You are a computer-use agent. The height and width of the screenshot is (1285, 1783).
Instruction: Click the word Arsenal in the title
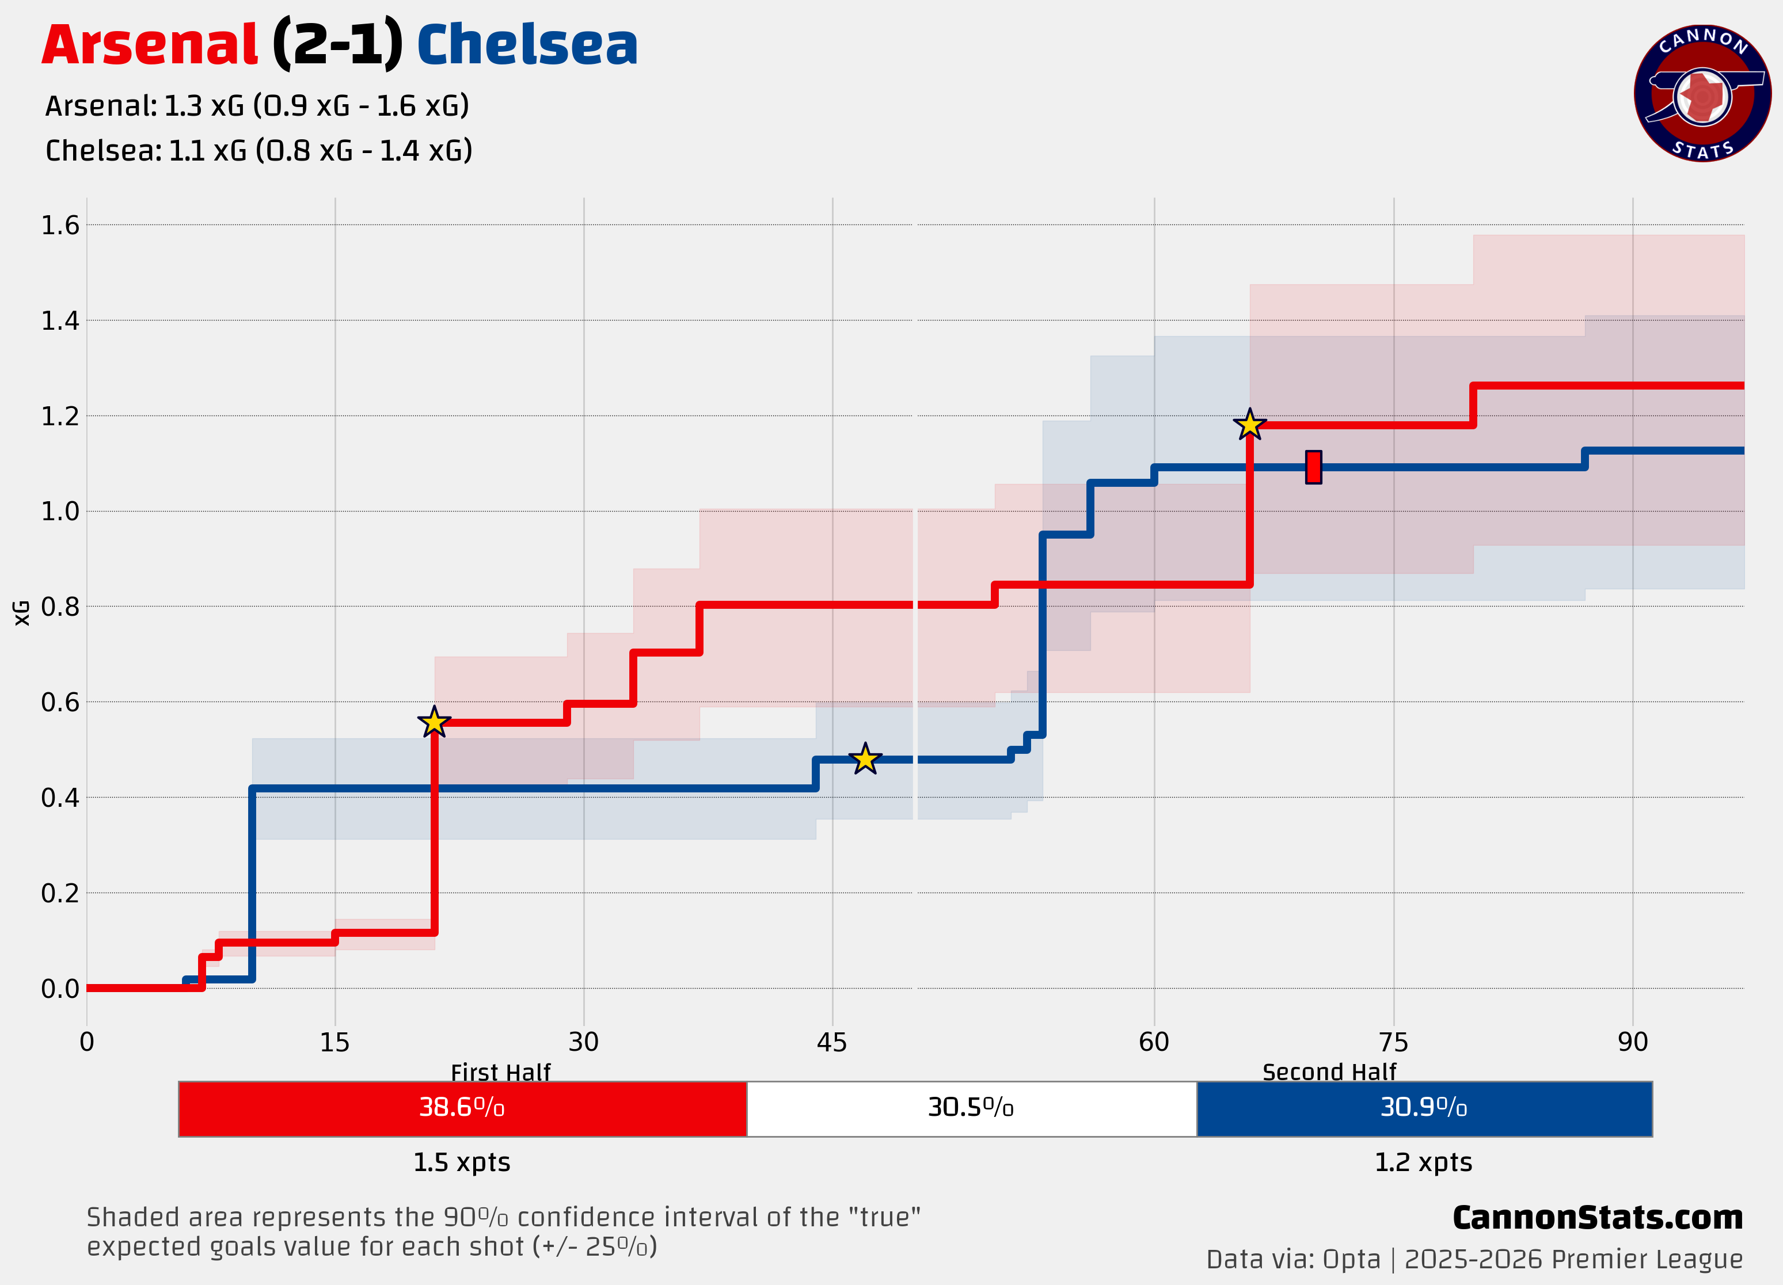[x=149, y=45]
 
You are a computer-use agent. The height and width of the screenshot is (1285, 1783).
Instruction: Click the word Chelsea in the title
[x=527, y=45]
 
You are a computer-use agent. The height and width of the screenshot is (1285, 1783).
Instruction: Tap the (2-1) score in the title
[x=337, y=45]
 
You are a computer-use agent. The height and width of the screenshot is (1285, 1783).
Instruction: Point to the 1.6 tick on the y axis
[x=60, y=226]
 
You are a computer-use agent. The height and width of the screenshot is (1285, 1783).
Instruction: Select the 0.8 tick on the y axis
[x=60, y=607]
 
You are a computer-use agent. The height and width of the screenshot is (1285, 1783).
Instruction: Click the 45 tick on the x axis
[x=832, y=1042]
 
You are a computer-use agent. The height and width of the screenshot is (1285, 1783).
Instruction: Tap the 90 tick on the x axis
[x=1632, y=1042]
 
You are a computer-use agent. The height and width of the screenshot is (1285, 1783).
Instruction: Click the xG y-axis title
[x=22, y=613]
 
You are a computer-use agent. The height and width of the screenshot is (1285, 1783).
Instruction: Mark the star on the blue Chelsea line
[x=865, y=759]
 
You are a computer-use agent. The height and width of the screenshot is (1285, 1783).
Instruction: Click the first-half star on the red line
[x=434, y=722]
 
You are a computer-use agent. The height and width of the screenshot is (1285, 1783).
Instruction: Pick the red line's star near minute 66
[x=1249, y=425]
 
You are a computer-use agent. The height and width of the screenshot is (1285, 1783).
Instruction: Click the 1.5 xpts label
[x=462, y=1162]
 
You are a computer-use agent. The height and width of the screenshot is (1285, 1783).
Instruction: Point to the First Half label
[x=501, y=1072]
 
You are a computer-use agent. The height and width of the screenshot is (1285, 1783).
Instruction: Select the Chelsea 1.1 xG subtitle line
[x=258, y=150]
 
